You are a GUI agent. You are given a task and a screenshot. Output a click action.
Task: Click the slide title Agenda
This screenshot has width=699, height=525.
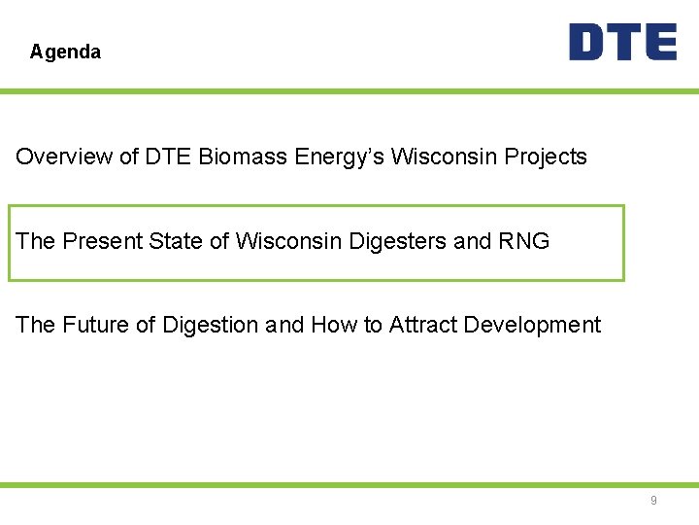[x=65, y=52]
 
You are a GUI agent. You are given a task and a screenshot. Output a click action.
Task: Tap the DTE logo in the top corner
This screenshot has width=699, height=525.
[x=622, y=43]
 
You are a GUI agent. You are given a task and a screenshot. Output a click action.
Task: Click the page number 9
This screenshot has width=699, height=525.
[x=653, y=501]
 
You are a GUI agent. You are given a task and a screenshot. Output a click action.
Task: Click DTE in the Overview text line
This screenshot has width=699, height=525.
[x=169, y=157]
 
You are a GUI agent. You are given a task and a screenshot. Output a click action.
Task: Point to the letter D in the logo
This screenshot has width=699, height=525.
[x=588, y=43]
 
